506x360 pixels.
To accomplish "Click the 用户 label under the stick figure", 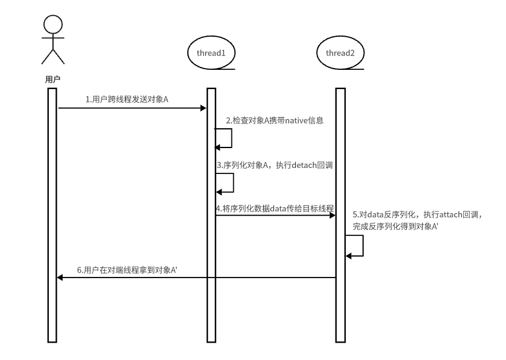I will point(52,79).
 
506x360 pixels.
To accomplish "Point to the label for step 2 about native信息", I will point(275,121).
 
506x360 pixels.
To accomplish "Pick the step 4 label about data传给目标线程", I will point(275,208).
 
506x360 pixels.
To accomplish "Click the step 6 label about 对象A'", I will point(126,270).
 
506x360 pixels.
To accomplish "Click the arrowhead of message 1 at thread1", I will point(204,108).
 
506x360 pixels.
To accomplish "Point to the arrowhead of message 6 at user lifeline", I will point(60,278).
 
